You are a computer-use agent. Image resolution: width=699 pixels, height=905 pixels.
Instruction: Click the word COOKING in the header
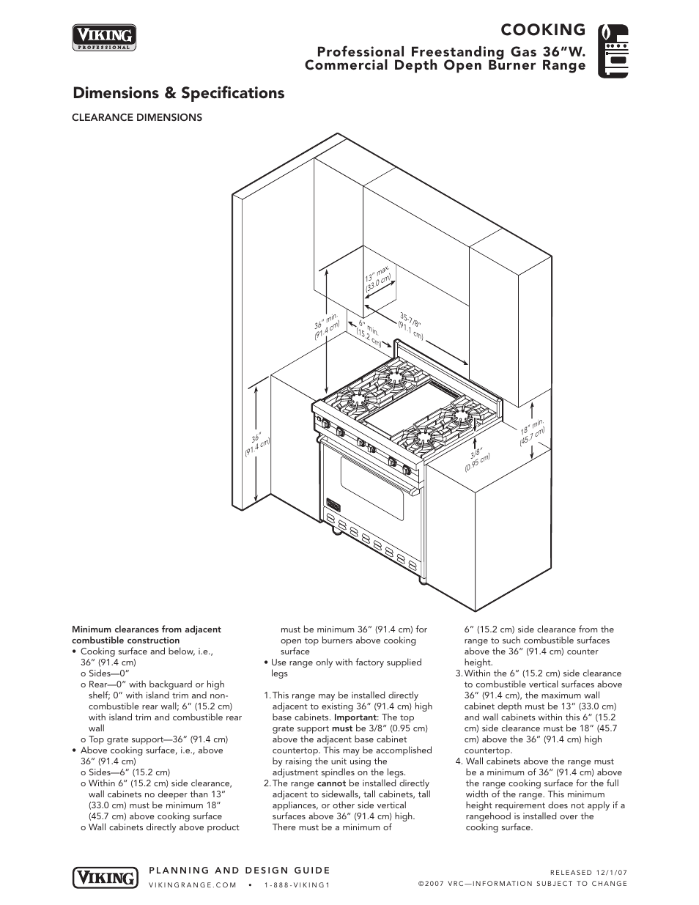click(543, 29)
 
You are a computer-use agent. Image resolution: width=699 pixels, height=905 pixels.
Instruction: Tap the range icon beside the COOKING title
click(613, 50)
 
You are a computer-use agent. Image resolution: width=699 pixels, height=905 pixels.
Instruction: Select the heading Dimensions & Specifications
click(178, 93)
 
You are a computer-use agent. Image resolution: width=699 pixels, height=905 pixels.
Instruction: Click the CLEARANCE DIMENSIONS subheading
click(136, 117)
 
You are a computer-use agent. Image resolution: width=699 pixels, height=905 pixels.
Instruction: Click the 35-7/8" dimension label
click(412, 326)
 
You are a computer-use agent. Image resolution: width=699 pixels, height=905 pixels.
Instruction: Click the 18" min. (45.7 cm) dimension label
click(533, 433)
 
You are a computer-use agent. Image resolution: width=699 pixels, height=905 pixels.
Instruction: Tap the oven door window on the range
click(372, 490)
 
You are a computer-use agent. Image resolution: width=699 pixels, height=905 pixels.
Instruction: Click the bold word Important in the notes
click(355, 717)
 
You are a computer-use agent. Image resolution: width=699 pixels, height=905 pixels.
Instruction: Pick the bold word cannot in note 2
click(331, 783)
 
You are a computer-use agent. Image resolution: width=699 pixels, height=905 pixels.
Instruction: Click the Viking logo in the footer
click(105, 877)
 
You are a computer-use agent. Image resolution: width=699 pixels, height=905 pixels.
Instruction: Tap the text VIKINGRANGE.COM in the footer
click(193, 884)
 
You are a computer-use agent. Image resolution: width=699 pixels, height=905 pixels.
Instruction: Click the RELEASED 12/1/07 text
click(588, 872)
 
